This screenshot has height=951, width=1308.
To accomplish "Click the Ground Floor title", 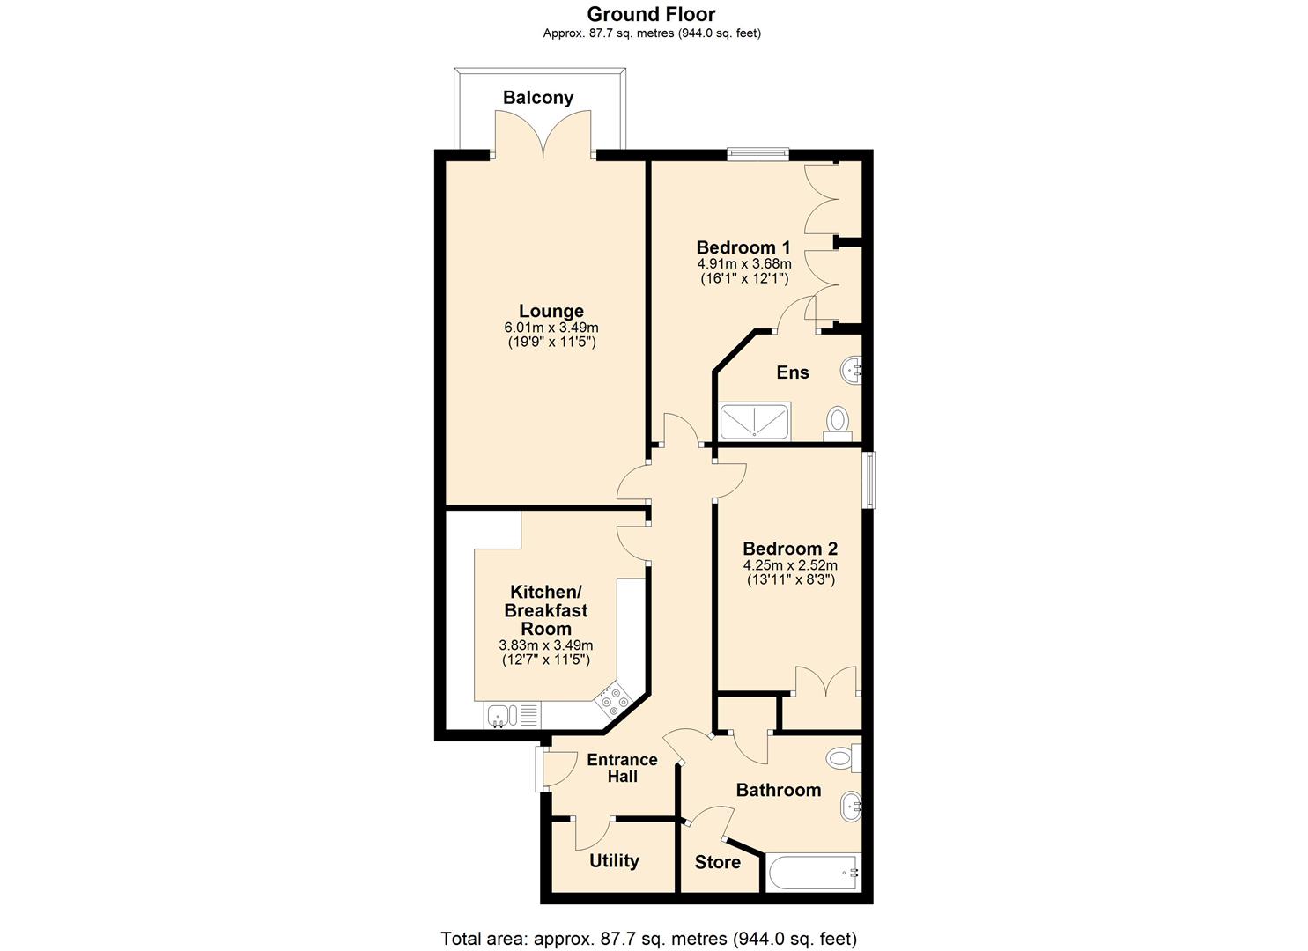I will click(x=651, y=14).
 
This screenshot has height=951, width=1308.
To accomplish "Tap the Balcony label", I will click(x=537, y=98).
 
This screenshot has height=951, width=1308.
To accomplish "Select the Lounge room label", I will click(x=551, y=311).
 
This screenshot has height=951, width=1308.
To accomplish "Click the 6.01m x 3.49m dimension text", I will click(x=551, y=328).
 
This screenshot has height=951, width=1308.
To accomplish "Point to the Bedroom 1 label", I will click(x=743, y=247).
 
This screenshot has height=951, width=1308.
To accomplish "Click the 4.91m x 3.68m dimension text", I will click(x=743, y=263).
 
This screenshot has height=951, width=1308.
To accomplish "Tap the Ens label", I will click(x=792, y=372).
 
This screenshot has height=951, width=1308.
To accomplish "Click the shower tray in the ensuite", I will click(x=755, y=421).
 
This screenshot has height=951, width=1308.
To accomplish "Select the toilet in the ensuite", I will click(x=838, y=420).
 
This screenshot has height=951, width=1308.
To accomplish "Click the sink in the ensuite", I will click(x=852, y=371).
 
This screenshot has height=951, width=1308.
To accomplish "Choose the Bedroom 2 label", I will click(x=789, y=549).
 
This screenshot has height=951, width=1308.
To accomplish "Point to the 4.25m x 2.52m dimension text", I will click(x=789, y=565).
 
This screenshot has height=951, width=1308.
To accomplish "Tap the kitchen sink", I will click(x=499, y=714).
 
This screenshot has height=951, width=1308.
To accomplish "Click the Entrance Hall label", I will click(x=622, y=768).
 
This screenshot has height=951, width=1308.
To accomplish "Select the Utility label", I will click(x=614, y=861).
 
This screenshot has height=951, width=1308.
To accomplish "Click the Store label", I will click(x=717, y=862).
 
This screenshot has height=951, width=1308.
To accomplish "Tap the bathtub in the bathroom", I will click(x=812, y=873).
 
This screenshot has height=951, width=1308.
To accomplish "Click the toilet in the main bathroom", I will click(x=842, y=756).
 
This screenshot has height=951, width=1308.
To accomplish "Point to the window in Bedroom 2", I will click(x=868, y=480).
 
